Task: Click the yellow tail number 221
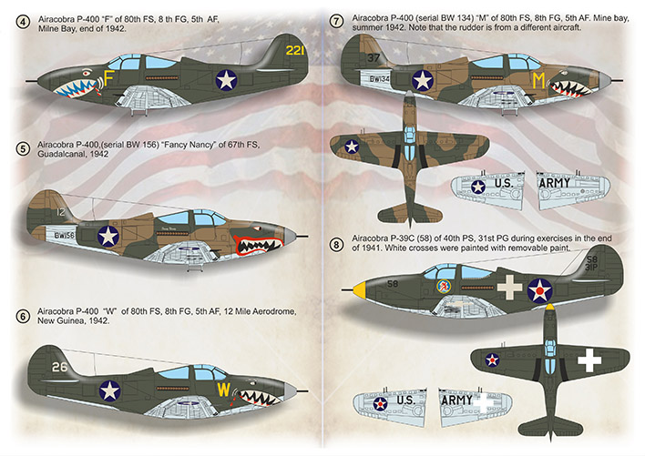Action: click(x=295, y=51)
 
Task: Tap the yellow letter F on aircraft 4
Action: click(x=109, y=78)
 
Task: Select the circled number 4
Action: click(x=22, y=22)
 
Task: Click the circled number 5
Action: click(x=23, y=149)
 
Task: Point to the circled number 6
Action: click(x=23, y=317)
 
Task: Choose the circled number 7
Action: click(x=337, y=21)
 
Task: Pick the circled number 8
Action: click(x=336, y=245)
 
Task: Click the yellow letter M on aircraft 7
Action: click(x=538, y=80)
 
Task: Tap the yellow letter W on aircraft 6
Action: click(x=224, y=389)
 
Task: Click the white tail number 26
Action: click(x=59, y=367)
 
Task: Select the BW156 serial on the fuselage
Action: click(x=64, y=236)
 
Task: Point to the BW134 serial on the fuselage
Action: click(x=379, y=78)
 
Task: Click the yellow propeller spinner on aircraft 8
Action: click(x=360, y=289)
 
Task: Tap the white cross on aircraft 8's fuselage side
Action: click(x=509, y=287)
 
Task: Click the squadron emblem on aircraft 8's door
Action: click(x=443, y=286)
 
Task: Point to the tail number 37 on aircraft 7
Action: click(x=374, y=58)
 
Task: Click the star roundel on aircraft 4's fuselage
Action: click(x=226, y=80)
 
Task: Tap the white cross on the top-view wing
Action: click(x=589, y=360)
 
